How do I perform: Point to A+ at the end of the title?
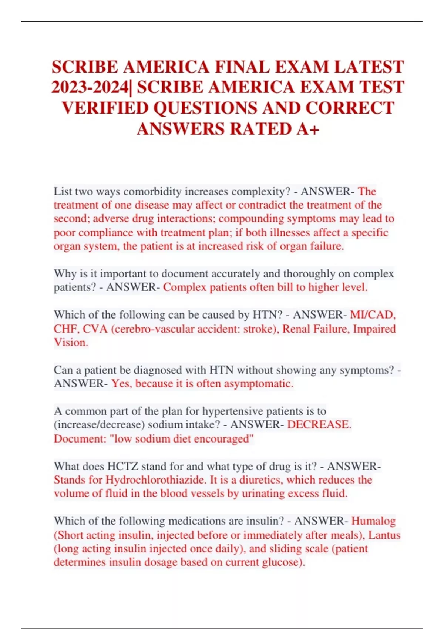click(x=308, y=129)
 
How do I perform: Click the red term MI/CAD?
click(x=373, y=315)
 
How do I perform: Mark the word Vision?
click(x=71, y=343)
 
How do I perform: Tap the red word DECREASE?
click(x=319, y=424)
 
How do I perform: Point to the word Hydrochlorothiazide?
click(x=156, y=480)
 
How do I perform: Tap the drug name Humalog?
click(x=373, y=521)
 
